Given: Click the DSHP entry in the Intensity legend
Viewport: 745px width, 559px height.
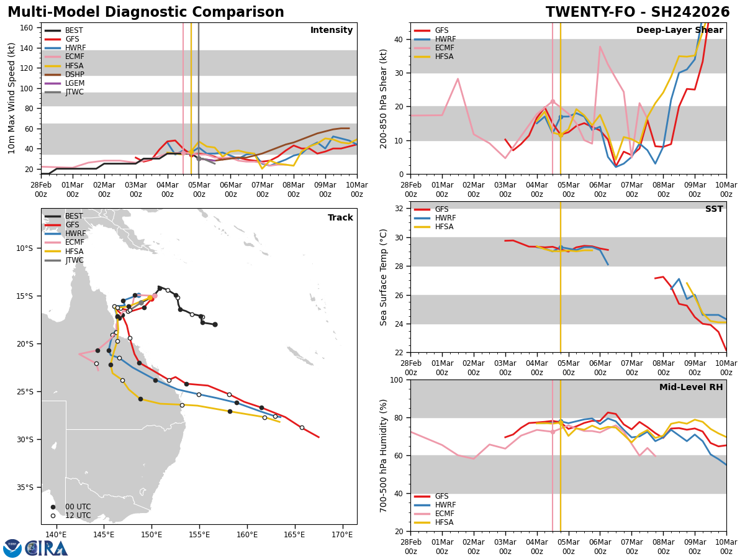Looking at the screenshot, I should tap(74, 75).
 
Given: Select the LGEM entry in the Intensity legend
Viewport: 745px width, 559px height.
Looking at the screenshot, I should tap(74, 83).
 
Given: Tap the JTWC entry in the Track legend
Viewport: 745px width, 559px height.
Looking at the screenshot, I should tap(74, 260).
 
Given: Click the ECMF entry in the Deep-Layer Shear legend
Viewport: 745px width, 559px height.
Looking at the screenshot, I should tap(444, 48).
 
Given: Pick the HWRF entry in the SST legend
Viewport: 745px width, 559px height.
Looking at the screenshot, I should tap(445, 218).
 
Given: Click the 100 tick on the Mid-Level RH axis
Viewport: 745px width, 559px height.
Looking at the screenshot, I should tap(398, 380).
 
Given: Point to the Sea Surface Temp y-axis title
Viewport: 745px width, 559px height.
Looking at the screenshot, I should tap(384, 277).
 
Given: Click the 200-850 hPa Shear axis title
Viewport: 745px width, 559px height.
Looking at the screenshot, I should tap(384, 98).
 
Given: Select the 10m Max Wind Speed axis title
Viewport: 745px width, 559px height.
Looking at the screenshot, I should tap(12, 98).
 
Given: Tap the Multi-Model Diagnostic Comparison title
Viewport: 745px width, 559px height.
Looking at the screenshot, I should tap(146, 12).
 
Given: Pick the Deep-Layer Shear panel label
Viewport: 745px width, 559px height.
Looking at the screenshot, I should tap(679, 30).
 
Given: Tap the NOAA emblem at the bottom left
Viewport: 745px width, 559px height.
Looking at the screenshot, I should tap(12, 548).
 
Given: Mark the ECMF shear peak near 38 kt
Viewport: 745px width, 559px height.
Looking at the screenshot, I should tap(600, 46).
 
